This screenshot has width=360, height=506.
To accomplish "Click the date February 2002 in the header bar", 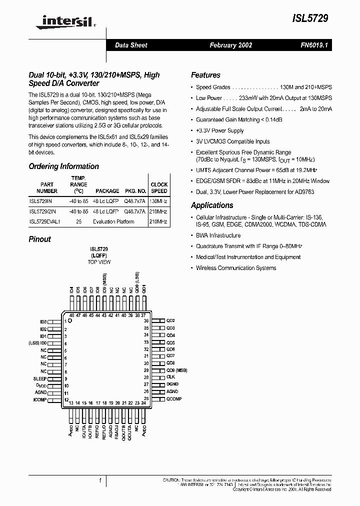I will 230,45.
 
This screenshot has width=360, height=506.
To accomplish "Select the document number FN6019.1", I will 313,45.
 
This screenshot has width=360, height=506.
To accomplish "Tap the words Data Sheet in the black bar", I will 131,45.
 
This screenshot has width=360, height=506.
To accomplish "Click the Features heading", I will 205,75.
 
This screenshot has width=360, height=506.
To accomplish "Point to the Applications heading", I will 212,205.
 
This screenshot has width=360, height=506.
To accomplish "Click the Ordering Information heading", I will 63,166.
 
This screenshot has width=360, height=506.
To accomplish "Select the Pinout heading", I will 39,239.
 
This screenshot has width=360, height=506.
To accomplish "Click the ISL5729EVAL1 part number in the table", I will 44,221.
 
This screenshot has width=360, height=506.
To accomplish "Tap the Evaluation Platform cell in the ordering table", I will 113,221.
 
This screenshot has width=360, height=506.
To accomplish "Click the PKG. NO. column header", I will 135,191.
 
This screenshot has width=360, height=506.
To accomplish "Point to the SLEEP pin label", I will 40,379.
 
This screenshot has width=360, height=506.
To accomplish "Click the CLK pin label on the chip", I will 170,377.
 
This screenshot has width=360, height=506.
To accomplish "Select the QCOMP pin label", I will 174,399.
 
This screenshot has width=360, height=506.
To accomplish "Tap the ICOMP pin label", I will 39,400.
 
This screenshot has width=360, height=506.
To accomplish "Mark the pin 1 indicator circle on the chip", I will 70,321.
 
